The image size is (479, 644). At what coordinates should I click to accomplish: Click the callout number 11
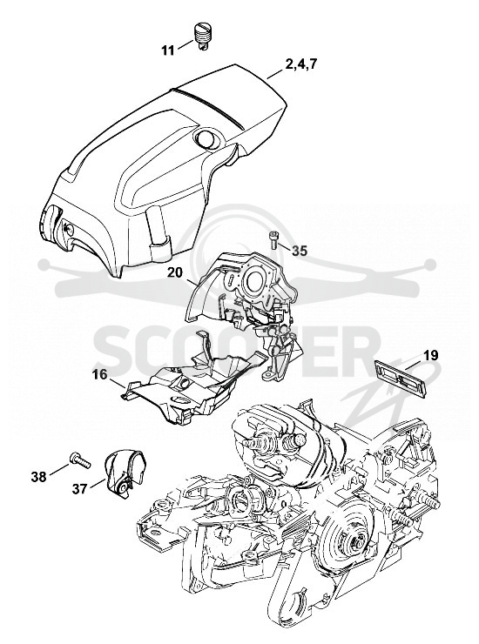pyautogui.click(x=168, y=51)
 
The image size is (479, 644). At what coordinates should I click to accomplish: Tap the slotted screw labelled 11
pyautogui.click(x=201, y=37)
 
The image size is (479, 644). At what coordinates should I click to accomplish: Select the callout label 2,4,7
pyautogui.click(x=302, y=64)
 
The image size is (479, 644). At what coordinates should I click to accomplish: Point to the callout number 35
pyautogui.click(x=300, y=251)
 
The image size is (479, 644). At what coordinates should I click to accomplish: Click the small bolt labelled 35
pyautogui.click(x=273, y=239)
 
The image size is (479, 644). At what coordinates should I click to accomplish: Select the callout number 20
pyautogui.click(x=175, y=272)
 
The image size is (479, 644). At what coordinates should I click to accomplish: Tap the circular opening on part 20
pyautogui.click(x=253, y=280)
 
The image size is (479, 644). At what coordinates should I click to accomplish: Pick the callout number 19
pyautogui.click(x=430, y=355)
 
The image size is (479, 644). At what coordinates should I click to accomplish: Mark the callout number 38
pyautogui.click(x=39, y=478)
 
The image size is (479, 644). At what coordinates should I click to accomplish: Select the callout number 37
pyautogui.click(x=80, y=489)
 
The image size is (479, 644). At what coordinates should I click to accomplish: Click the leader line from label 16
pyautogui.click(x=118, y=383)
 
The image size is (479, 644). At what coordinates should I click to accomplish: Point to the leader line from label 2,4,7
pyautogui.click(x=275, y=74)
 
